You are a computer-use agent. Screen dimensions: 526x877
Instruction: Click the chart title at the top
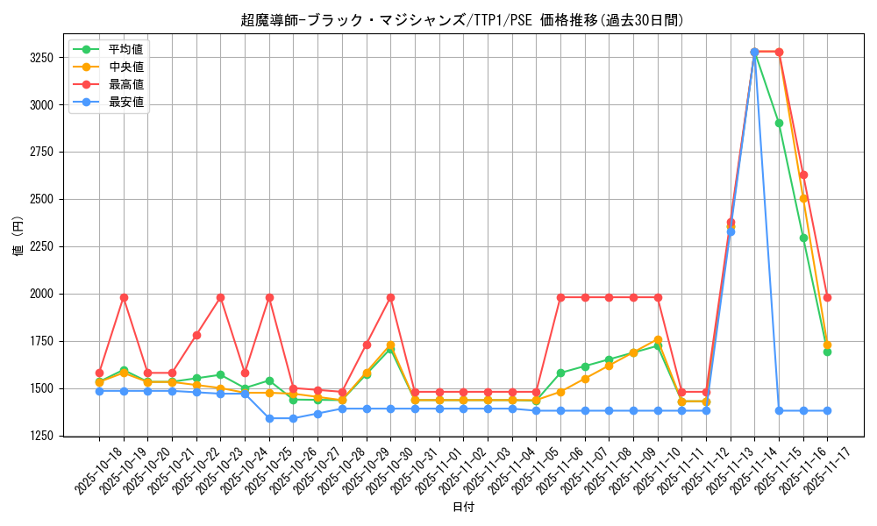tap(462, 20)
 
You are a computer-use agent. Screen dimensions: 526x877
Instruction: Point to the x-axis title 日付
tap(463, 508)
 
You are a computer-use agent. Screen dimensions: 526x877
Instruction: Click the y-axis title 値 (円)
tap(18, 237)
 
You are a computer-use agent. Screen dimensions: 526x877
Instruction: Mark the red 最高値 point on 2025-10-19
tap(124, 297)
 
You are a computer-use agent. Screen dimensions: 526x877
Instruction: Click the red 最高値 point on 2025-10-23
tap(220, 297)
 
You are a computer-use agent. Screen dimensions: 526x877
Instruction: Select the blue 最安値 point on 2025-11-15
tap(779, 410)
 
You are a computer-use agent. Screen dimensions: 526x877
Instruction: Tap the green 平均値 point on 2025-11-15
tap(779, 123)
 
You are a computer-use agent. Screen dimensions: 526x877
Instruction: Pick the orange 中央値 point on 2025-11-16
tap(803, 198)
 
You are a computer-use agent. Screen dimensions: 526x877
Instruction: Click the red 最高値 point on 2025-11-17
tap(827, 297)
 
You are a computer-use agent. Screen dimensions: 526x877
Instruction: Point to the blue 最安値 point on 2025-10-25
tap(269, 418)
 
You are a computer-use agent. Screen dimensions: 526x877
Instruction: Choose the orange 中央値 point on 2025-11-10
tap(658, 339)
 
